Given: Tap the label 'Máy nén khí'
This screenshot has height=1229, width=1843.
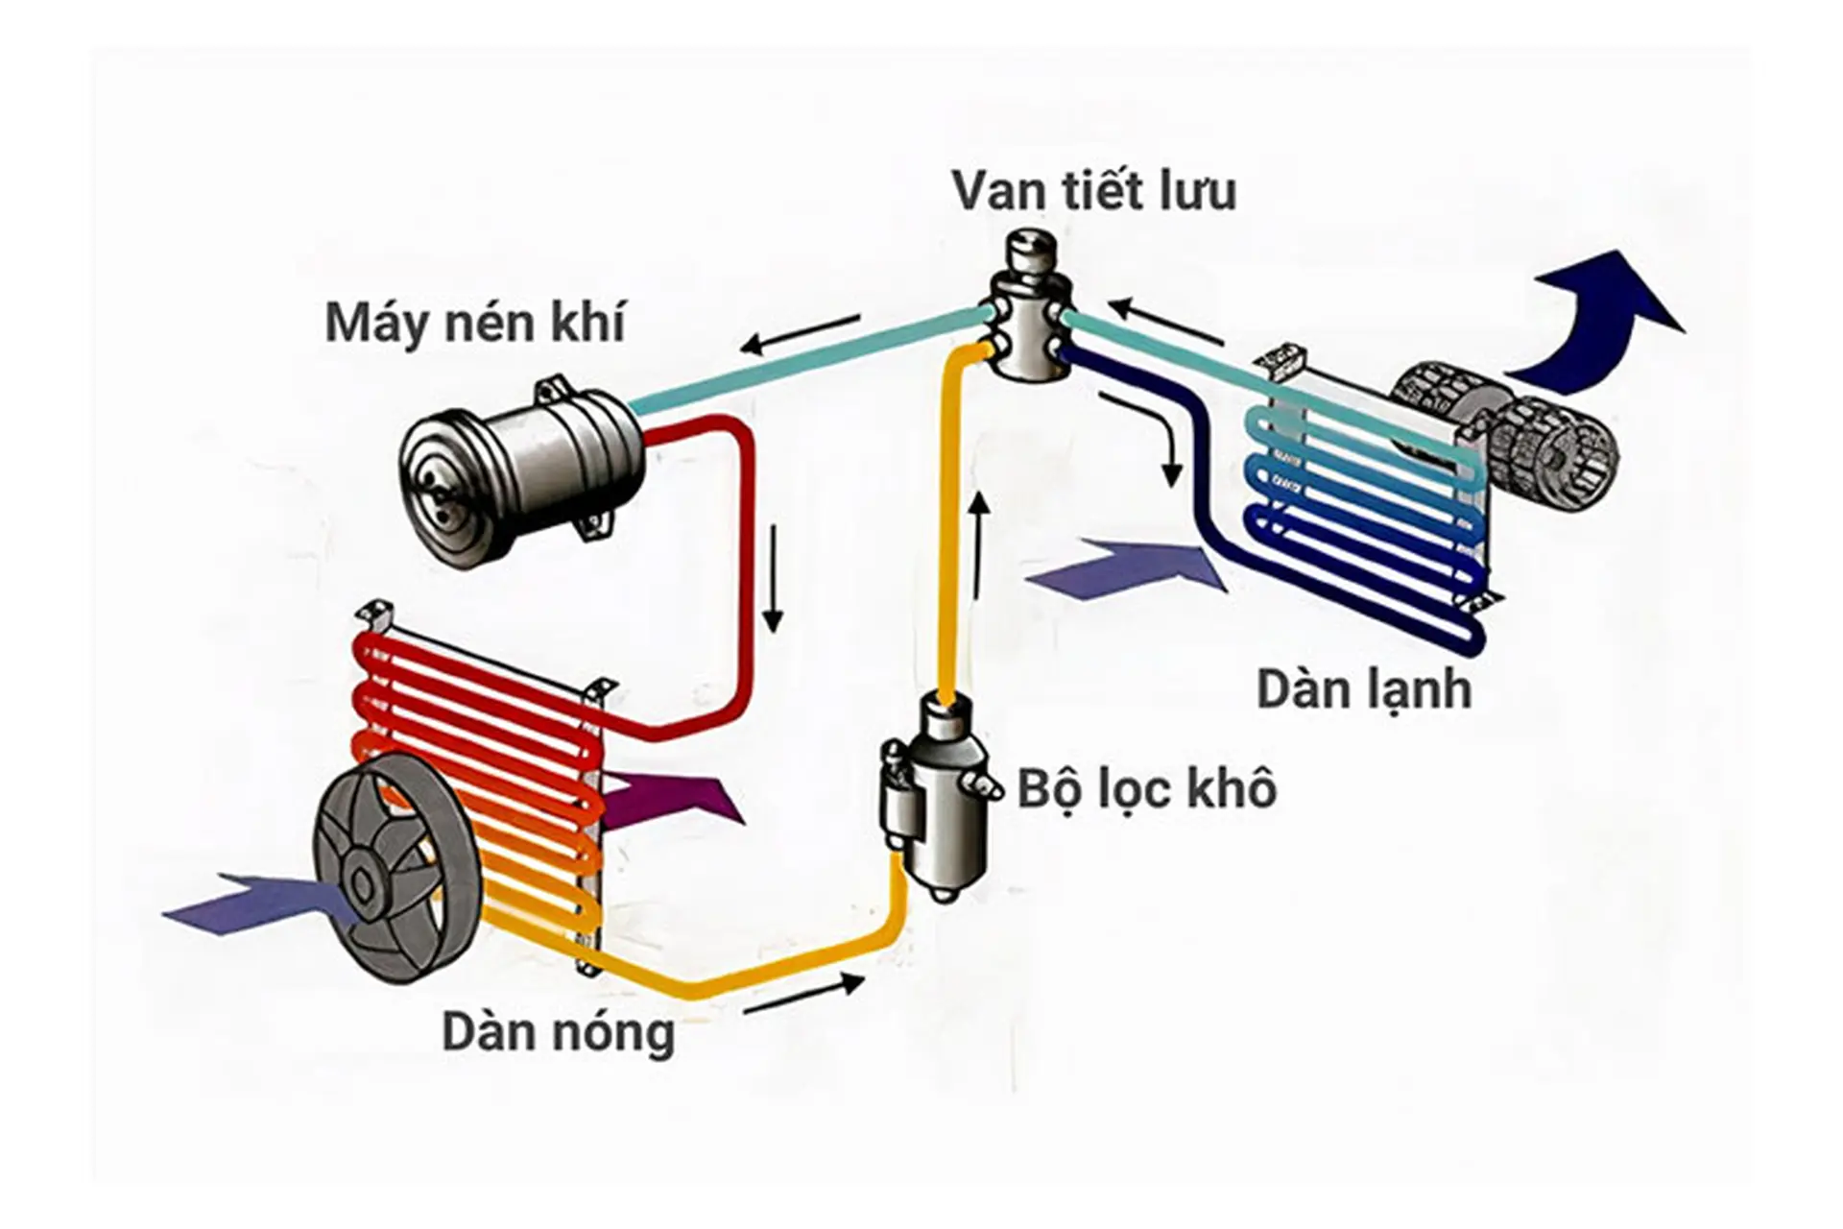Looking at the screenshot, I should point(474,323).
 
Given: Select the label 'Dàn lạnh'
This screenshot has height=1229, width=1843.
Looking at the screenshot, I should point(1363,689).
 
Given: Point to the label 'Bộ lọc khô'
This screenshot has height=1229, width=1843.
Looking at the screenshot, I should point(1146,788).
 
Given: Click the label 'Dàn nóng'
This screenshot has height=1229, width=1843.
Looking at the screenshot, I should point(558,1034).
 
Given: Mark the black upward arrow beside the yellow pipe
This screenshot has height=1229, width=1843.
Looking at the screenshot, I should point(979,547).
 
